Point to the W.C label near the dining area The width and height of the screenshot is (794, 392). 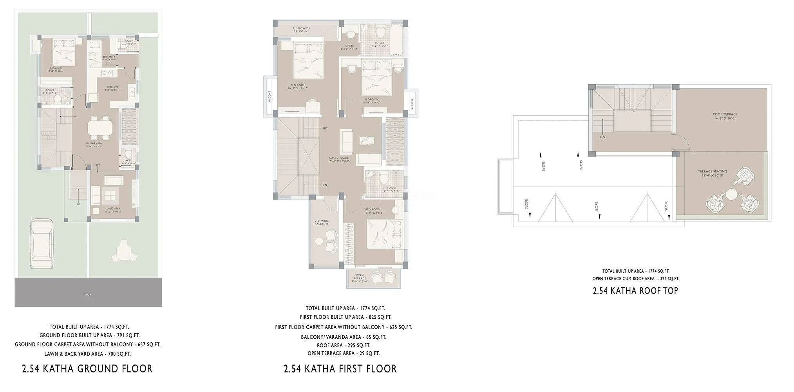(128, 160)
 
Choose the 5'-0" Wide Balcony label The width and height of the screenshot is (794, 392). (322, 222)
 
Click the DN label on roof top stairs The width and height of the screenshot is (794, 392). (602, 137)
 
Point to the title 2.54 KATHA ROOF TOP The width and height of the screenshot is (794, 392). (635, 290)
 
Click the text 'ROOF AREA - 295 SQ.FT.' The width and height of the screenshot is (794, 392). (344, 345)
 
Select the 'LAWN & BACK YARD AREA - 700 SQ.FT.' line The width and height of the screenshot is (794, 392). (87, 354)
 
